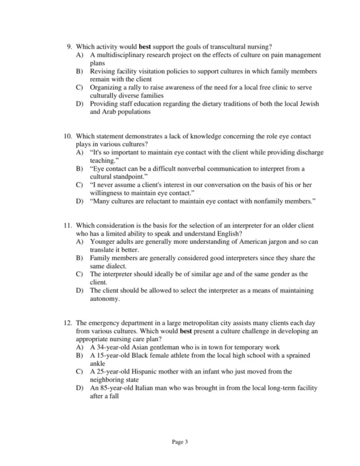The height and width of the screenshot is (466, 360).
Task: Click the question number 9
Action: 69,46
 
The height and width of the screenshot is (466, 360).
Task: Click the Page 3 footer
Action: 180,442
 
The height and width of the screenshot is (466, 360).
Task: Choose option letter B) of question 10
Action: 79,169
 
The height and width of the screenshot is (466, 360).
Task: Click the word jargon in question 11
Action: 271,241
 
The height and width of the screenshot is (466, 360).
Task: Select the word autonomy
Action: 107,298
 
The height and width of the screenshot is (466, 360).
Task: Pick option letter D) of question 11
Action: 79,290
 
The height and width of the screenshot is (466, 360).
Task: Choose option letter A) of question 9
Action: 79,55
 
